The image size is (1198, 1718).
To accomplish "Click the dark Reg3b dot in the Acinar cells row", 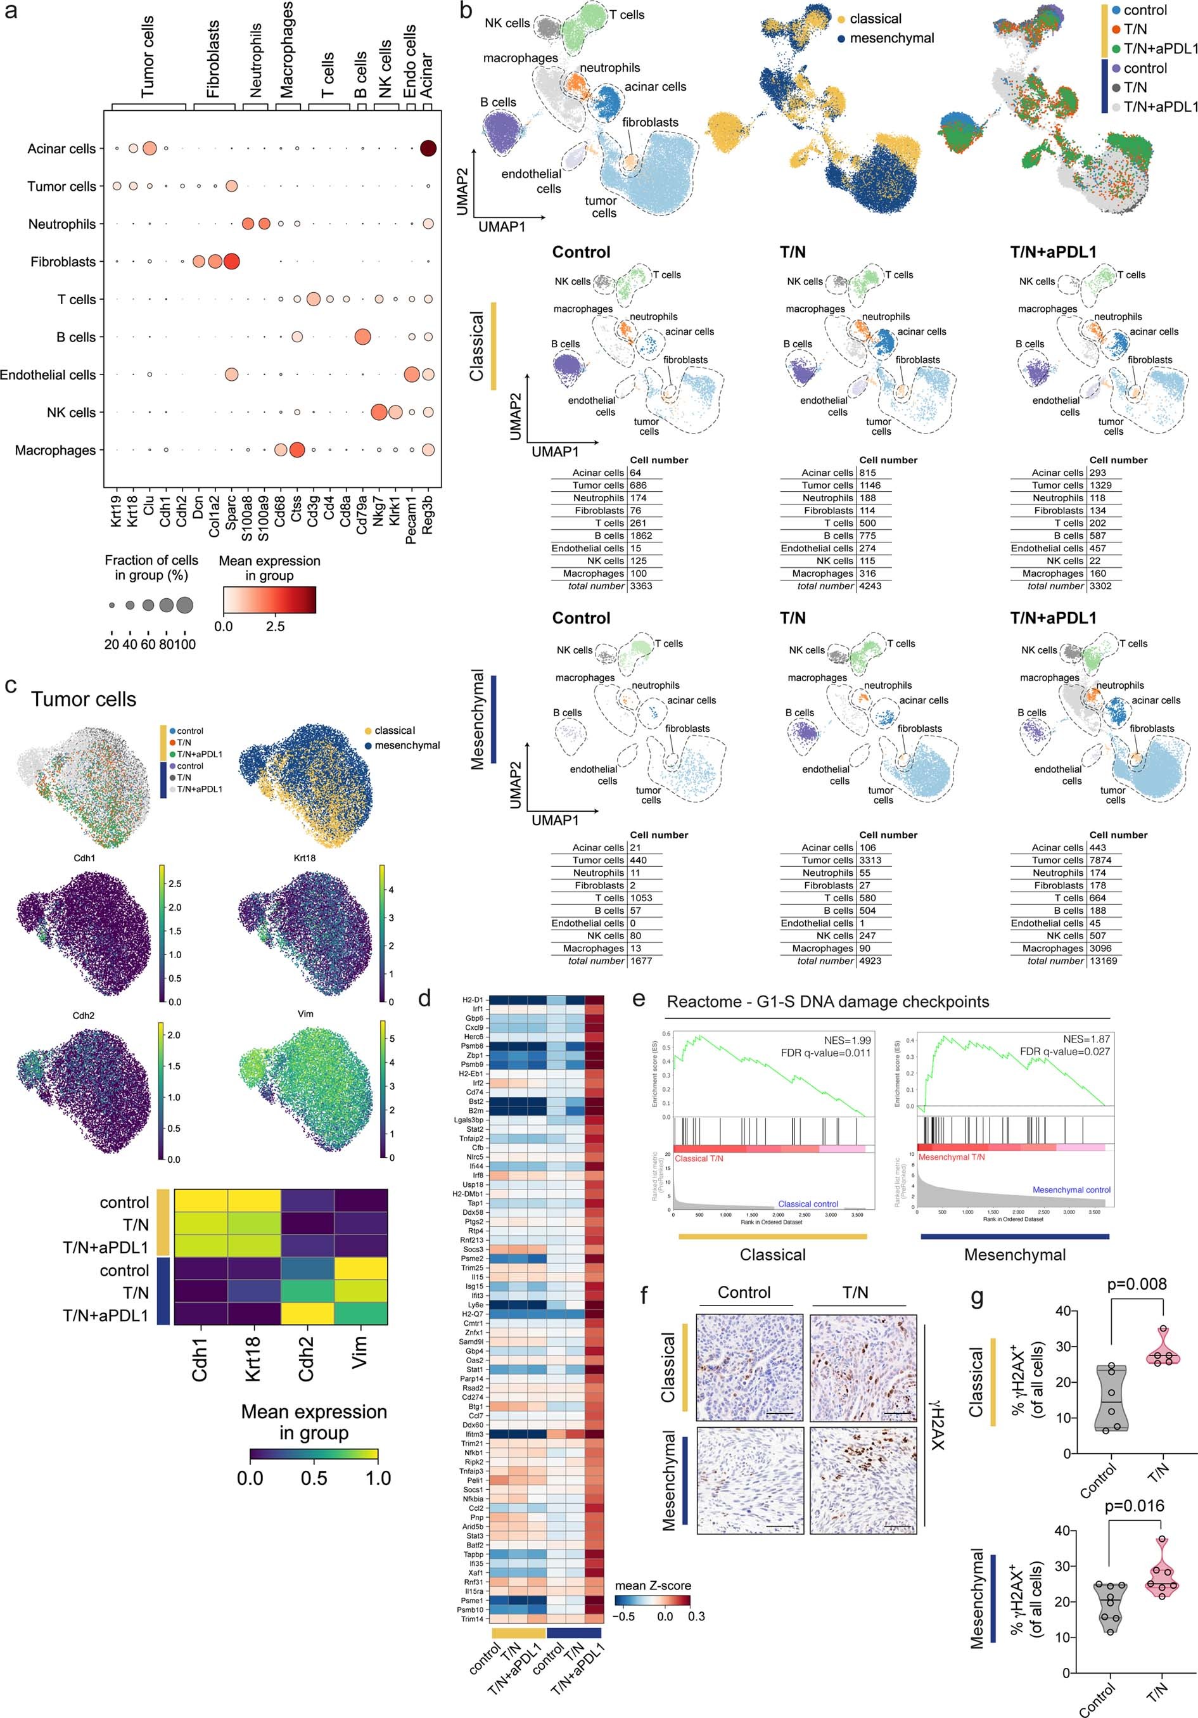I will tap(428, 148).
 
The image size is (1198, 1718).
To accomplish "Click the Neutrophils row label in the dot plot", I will tap(62, 224).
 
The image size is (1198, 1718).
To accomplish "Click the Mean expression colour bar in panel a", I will tap(269, 599).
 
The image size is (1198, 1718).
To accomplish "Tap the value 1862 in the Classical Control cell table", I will tap(641, 535).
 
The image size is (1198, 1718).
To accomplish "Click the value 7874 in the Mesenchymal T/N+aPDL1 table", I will tap(1102, 860).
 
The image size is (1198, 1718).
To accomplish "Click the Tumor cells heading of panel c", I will tap(84, 699).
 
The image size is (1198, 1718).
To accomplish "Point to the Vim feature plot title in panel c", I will tap(305, 1014).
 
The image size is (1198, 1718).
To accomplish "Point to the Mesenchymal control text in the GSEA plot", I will tap(1071, 1189).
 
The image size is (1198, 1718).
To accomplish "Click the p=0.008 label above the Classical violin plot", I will tap(1137, 1284).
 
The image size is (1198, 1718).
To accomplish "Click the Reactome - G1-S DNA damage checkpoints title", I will tap(828, 1001).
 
